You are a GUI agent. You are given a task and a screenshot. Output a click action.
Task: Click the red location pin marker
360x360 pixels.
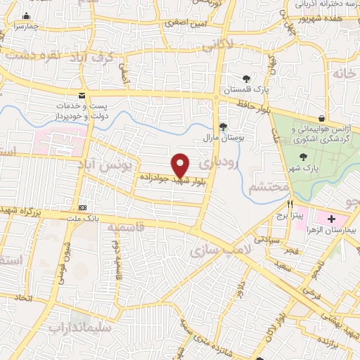click(x=181, y=165)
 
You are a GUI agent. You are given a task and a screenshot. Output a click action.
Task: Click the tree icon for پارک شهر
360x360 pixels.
click(x=304, y=157)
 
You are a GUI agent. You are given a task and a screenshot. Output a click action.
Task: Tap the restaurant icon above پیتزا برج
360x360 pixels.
click(x=280, y=202)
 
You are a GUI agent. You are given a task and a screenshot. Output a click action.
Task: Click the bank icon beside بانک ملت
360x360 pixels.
click(x=84, y=207)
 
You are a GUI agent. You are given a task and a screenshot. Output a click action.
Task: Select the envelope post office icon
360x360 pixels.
click(x=82, y=95)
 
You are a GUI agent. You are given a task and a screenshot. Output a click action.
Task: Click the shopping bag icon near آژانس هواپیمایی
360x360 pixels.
click(x=321, y=118)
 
